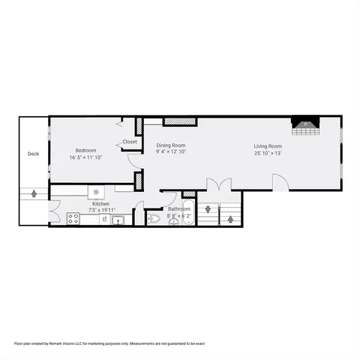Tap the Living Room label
coord(268,145)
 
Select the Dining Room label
coord(171,145)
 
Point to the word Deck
coord(33,154)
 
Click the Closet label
coord(130,141)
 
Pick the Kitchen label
coord(101,204)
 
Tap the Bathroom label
coord(178,209)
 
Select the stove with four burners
coord(73,219)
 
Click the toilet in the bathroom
coord(154,219)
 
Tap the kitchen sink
coord(118,220)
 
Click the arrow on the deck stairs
coord(34,194)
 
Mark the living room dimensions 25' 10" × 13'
coord(268,153)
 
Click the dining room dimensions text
coord(171,152)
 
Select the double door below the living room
coord(219,184)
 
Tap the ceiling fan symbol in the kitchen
coord(96,192)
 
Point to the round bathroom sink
coord(174,222)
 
